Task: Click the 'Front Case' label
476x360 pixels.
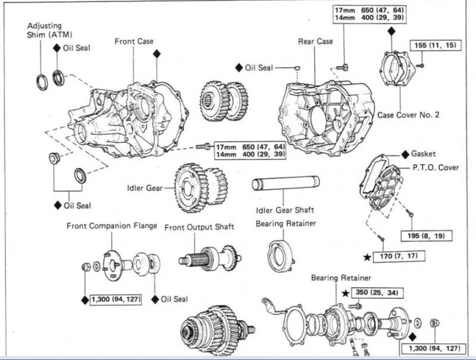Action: (x=134, y=42)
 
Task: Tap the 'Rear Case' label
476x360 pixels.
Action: (x=315, y=42)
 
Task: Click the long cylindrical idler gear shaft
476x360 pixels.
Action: (x=286, y=183)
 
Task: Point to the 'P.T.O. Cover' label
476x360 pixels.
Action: (x=436, y=167)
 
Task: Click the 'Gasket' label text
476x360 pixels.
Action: (x=423, y=154)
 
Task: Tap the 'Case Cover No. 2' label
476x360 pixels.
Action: (x=408, y=114)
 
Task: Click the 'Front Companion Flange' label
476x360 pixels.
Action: (x=112, y=226)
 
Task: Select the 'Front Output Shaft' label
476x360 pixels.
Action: (x=199, y=227)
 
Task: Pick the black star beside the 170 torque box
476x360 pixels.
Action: (x=367, y=257)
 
